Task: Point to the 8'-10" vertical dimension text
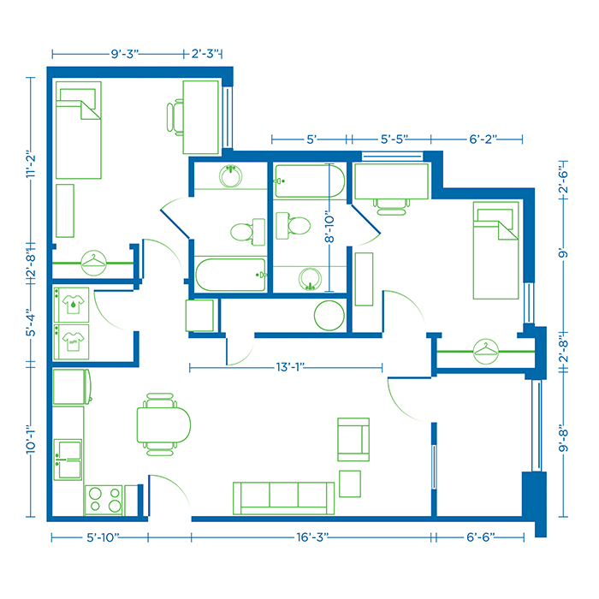329,228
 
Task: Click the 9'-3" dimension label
126,54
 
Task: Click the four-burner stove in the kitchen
104,499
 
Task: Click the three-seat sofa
283,497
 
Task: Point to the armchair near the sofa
353,439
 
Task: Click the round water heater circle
329,315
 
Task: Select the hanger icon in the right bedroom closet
486,349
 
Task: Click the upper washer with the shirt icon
73,301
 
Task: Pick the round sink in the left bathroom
229,177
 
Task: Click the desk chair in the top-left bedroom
175,116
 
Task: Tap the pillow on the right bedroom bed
490,215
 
